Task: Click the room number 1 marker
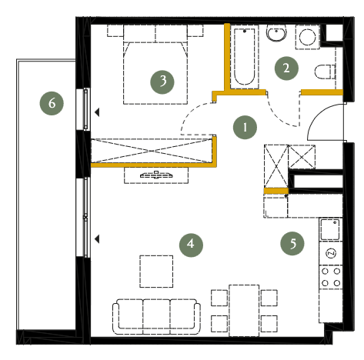click(245, 128)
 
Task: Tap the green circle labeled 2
click(286, 68)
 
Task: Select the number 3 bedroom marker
click(162, 82)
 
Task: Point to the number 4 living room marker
click(191, 245)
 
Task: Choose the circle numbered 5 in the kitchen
click(292, 243)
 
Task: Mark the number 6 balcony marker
click(52, 103)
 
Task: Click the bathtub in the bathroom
click(245, 57)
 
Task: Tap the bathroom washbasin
click(276, 33)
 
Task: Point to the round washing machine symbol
click(308, 37)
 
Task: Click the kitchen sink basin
click(330, 229)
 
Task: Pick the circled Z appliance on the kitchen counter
click(331, 253)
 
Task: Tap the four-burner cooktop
click(331, 277)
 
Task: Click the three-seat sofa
click(156, 316)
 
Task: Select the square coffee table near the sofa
click(156, 272)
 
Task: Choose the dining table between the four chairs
click(244, 311)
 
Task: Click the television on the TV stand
click(156, 175)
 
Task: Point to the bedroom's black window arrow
click(97, 112)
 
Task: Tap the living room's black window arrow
click(97, 239)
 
